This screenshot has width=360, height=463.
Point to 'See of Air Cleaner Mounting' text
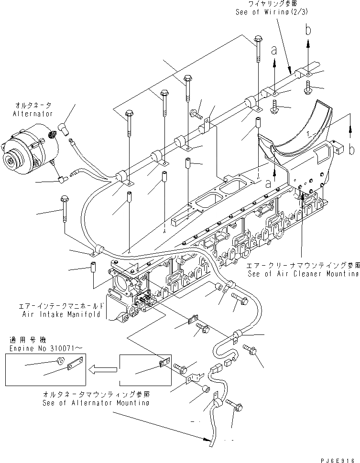click(303, 274)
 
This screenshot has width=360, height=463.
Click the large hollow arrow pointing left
click(104, 369)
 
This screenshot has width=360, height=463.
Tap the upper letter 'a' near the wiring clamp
click(275, 49)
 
